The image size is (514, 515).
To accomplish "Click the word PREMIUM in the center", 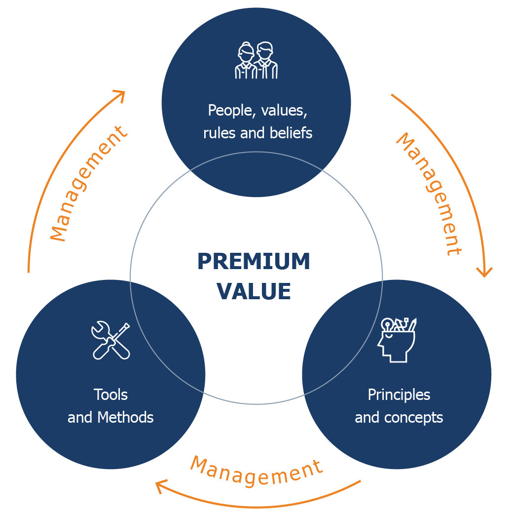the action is (254, 261).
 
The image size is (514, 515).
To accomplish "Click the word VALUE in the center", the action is (254, 291).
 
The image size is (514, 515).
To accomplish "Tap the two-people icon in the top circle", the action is (257, 60).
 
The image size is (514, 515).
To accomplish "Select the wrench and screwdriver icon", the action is (110, 340).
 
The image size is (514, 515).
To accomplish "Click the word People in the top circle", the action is (230, 111).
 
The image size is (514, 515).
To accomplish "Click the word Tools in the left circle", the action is (110, 395).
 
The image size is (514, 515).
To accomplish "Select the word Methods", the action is (125, 417).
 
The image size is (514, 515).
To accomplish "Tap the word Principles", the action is (399, 395).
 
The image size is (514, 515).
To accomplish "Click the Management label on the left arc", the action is (88, 184).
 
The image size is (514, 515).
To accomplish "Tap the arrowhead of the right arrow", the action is (484, 272).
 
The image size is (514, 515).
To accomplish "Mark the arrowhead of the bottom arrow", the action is (161, 486).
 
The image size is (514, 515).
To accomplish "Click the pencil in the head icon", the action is (412, 324).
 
